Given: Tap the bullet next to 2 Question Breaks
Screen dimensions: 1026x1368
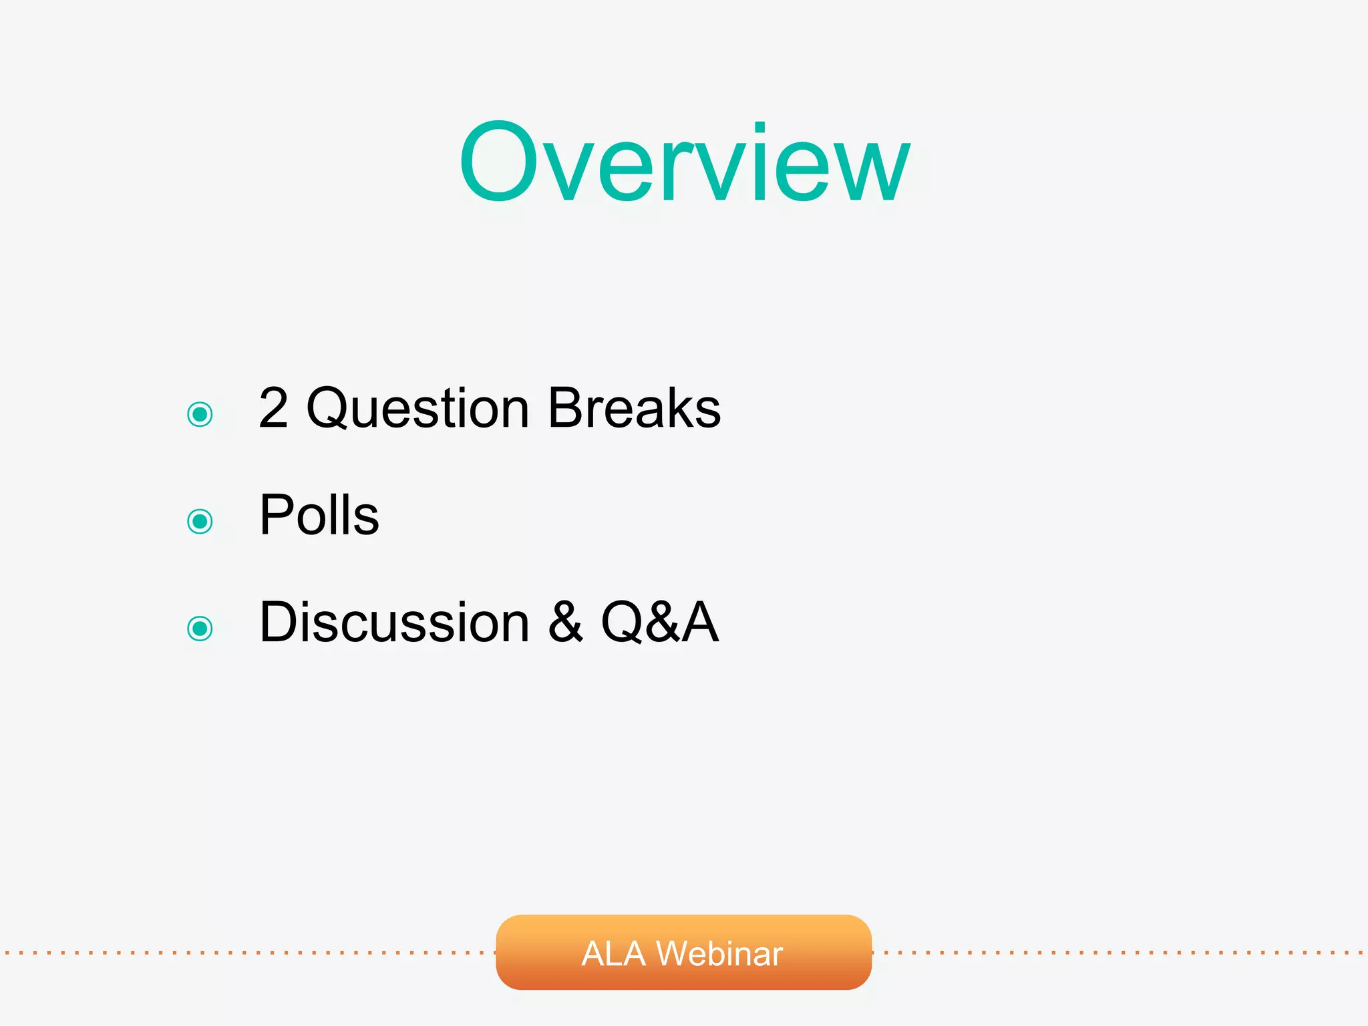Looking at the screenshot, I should click(200, 414).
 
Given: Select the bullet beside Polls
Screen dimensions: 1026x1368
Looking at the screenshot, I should click(200, 521).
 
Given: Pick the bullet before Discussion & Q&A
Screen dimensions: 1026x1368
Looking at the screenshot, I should click(200, 628).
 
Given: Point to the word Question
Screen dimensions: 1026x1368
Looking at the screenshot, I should click(417, 409).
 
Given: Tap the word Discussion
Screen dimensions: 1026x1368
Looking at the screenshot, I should click(394, 622).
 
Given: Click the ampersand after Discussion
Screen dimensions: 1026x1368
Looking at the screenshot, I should click(566, 622).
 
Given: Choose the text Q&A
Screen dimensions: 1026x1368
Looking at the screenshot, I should click(660, 622).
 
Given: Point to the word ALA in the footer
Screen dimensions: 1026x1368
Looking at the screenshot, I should click(613, 953).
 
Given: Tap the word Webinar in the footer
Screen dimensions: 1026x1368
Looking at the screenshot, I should click(719, 953).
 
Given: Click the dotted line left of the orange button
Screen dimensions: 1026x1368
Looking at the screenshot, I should click(247, 953).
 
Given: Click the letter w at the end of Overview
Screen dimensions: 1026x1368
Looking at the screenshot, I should click(872, 167).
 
